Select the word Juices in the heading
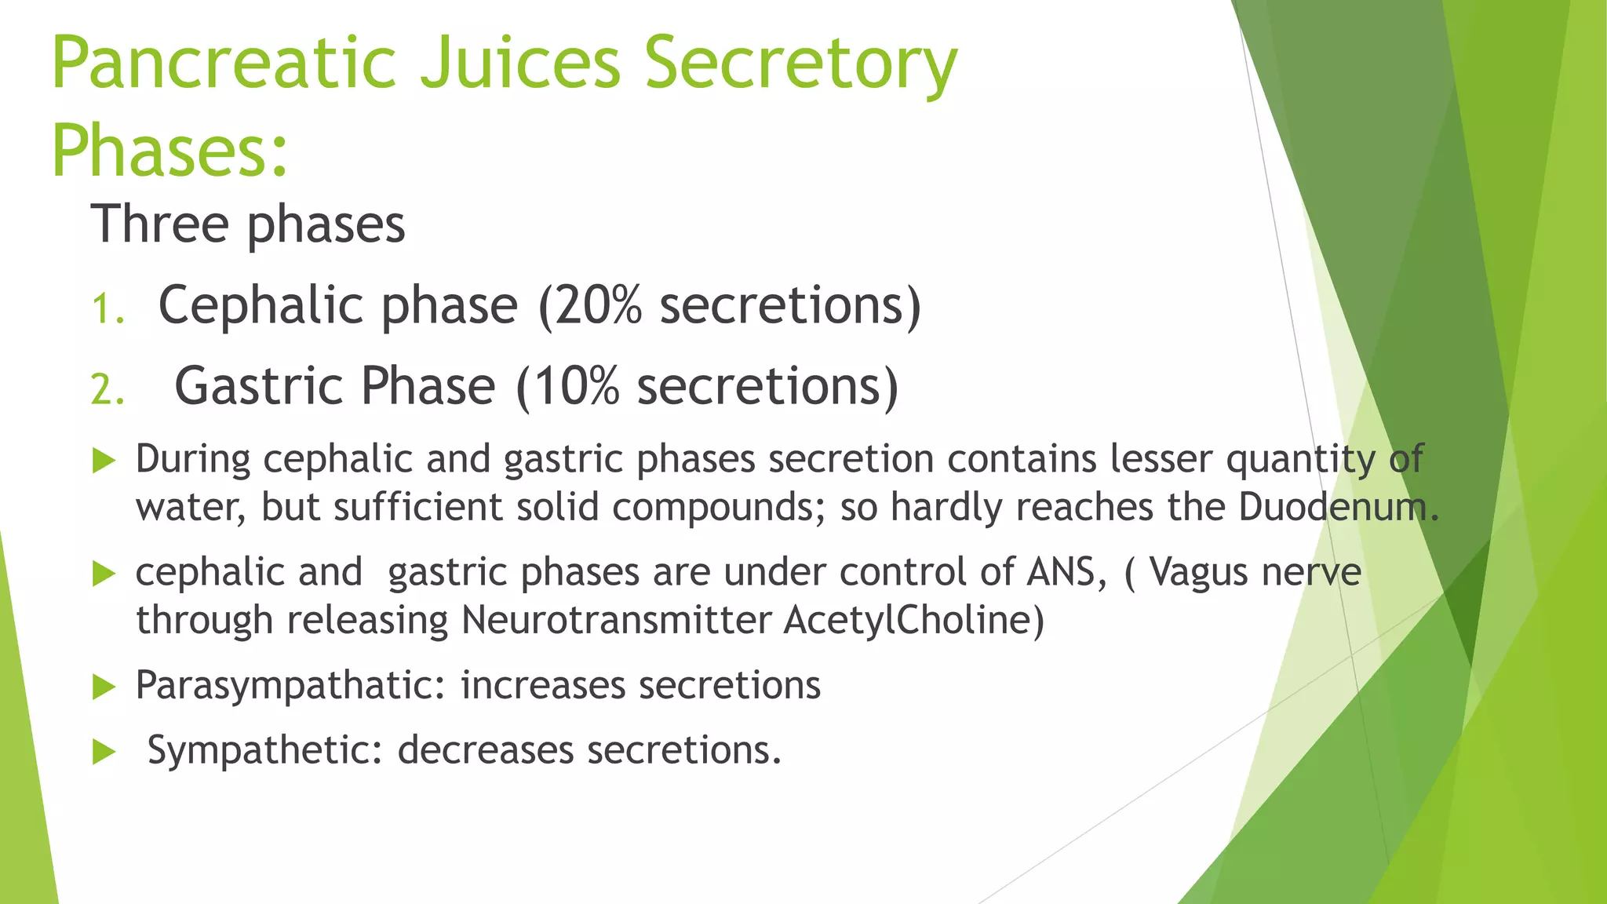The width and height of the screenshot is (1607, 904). point(520,63)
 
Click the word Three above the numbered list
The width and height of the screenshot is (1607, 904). point(159,224)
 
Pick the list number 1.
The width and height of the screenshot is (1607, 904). point(107,308)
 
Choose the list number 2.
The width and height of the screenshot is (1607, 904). point(107,390)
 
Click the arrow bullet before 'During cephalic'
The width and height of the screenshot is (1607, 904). point(104,461)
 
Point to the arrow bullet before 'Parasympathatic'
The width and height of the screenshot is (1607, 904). point(104,687)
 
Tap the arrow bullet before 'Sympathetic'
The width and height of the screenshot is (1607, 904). point(104,753)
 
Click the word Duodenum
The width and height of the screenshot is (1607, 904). point(1338,507)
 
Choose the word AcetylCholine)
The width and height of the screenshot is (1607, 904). point(914,621)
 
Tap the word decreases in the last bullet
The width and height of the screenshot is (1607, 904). point(486,750)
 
